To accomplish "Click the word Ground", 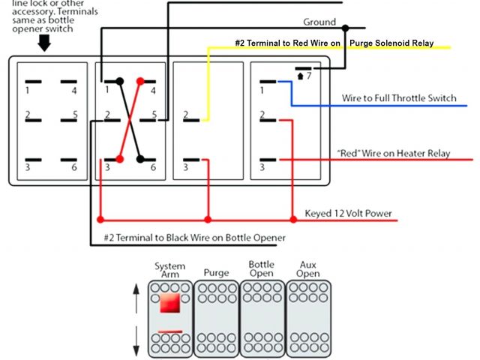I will [319, 22].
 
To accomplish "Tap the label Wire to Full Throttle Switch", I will [399, 98].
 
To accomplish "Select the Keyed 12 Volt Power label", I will [348, 213].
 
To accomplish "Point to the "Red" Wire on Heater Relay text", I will [394, 153].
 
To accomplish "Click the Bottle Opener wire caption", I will [195, 238].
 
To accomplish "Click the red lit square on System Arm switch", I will [169, 303].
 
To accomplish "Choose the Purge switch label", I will [216, 273].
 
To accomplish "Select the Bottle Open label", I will [262, 269].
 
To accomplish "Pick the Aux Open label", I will [307, 269].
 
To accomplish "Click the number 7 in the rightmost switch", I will [308, 76].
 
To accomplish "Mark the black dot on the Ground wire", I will [345, 28].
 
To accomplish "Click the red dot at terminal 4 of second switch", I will [139, 80].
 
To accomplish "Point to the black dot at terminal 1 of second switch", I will [119, 80].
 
